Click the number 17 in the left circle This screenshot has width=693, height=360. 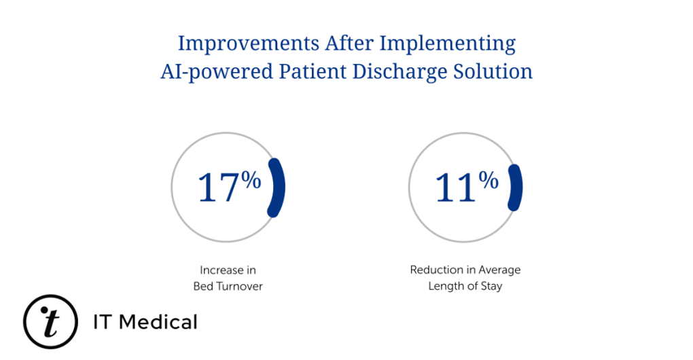coord(218,187)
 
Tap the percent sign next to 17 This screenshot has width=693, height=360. coord(251,181)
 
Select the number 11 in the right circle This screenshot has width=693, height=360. coord(455,187)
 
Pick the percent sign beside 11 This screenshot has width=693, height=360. coord(488,181)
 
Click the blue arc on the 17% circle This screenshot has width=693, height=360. coord(277,187)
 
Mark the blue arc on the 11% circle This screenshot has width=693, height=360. coord(516,187)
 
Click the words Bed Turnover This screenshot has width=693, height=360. coord(228,287)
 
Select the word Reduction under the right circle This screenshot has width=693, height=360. coord(435,270)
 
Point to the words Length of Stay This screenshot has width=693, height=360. coord(465,287)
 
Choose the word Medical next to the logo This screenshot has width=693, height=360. coord(160,322)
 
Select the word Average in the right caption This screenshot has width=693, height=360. coord(499,270)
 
